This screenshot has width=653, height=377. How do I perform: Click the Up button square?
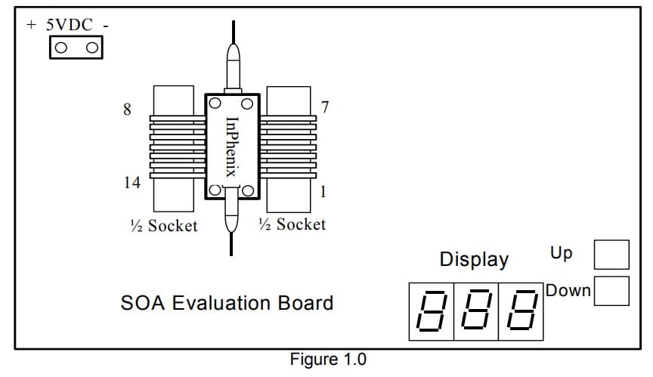611,255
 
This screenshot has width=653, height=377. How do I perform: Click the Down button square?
611,291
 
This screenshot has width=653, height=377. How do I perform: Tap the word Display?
474,260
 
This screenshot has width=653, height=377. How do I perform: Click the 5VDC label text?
70,25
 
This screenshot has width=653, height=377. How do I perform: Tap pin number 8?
127,110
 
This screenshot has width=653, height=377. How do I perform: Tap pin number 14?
132,183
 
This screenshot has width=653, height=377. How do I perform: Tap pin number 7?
324,107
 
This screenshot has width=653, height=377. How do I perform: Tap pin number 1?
323,192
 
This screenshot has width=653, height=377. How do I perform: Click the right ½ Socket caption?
292,224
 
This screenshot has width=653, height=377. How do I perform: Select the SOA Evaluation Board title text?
227,304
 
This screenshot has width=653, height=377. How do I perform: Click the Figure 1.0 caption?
327,360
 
